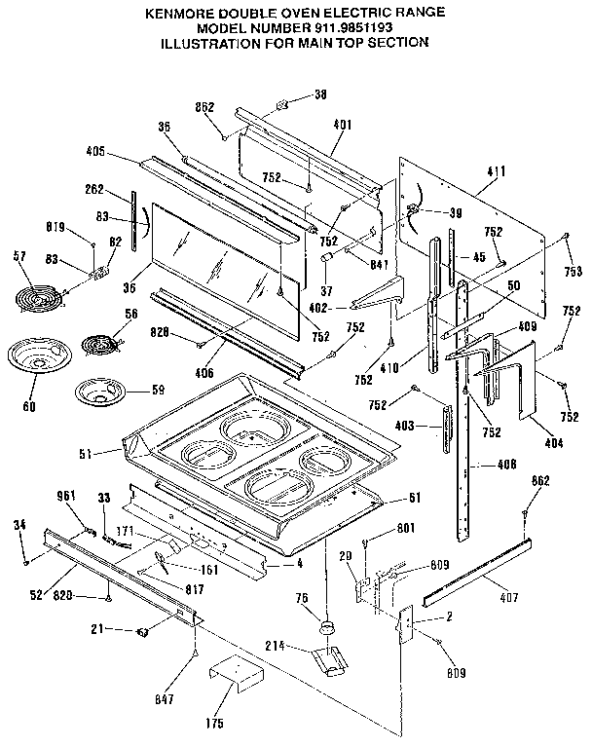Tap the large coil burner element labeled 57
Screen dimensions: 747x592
(x=37, y=293)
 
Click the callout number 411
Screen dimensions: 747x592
(x=496, y=171)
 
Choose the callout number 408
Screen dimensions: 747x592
(x=505, y=464)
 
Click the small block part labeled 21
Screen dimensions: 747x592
(x=143, y=631)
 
